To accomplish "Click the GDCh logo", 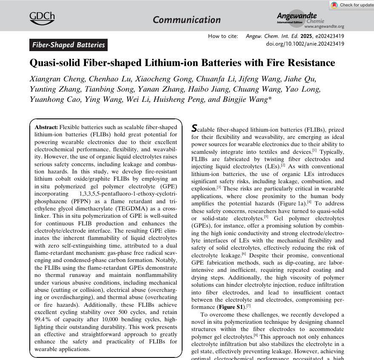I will coord(42,17).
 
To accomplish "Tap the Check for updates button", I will coord(352,5).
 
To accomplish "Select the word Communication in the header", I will coord(186,20).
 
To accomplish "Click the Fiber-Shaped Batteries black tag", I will coord(68,45).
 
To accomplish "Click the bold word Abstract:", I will coord(46,127).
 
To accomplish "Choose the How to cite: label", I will coord(223,36).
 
